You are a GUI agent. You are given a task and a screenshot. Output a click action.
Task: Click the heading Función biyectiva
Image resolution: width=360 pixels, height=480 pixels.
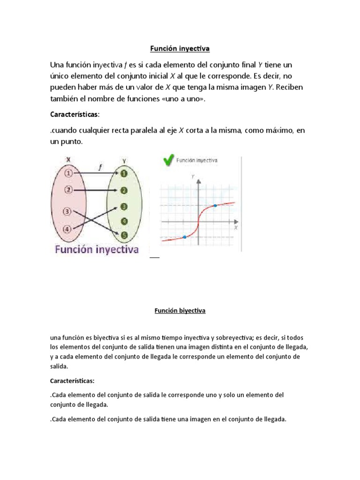coord(180,310)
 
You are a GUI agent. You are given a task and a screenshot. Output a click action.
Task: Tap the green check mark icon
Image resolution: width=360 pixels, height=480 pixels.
coord(167,161)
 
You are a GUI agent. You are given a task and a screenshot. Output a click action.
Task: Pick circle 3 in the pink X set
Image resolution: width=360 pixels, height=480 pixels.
coord(68,211)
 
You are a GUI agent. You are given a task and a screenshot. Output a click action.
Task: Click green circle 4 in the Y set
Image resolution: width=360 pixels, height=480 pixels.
coord(124,221)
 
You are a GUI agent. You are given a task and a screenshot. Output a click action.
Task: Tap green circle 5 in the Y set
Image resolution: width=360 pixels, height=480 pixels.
coord(124,236)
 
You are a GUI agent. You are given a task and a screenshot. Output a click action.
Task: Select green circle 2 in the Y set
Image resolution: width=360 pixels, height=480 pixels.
coord(124,190)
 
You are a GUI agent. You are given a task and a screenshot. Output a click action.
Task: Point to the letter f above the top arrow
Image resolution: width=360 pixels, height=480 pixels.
coord(100,165)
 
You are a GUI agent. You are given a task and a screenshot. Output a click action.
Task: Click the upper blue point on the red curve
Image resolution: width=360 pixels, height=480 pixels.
coord(215,205)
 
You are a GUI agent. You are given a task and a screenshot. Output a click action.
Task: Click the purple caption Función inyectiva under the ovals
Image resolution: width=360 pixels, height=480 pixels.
coord(97,250)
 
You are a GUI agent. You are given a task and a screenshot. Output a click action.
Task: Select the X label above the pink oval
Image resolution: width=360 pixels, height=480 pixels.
coord(68,160)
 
